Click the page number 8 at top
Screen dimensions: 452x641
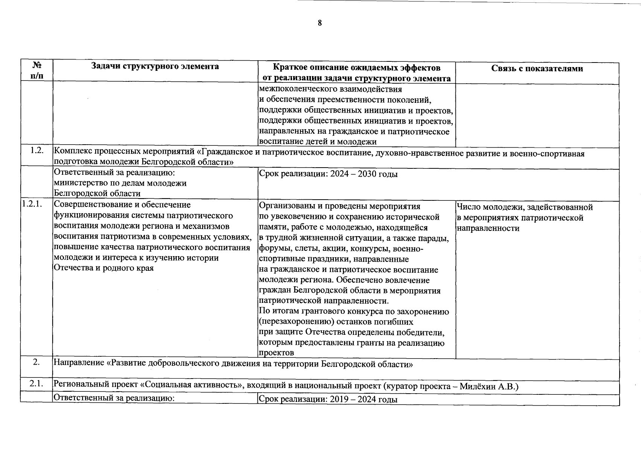pyautogui.click(x=320, y=23)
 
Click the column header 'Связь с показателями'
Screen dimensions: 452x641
pyautogui.click(x=537, y=69)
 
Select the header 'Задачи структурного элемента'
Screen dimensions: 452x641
pyautogui.click(x=155, y=67)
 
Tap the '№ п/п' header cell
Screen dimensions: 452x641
pyautogui.click(x=37, y=70)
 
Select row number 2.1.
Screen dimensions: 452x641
pyautogui.click(x=37, y=384)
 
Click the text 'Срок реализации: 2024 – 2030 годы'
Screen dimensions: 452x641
pyautogui.click(x=328, y=174)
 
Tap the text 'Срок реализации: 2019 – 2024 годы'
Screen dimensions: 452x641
pyautogui.click(x=328, y=400)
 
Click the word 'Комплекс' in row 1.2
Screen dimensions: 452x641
pyautogui.click(x=73, y=153)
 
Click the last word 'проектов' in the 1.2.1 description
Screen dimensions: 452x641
pyautogui.click(x=276, y=353)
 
